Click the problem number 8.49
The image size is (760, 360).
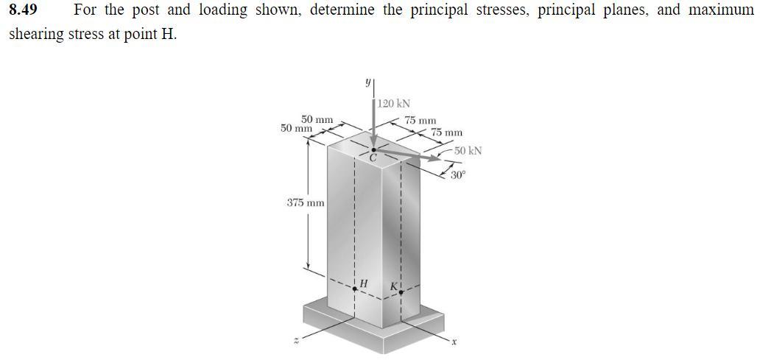pyautogui.click(x=22, y=11)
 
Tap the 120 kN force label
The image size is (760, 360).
pyautogui.click(x=395, y=104)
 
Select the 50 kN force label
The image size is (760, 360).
pyautogui.click(x=468, y=151)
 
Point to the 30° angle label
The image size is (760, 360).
pyautogui.click(x=458, y=176)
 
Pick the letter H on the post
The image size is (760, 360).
pyautogui.click(x=363, y=283)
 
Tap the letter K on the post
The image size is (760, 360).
pyautogui.click(x=394, y=285)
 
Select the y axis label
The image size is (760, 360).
pyautogui.click(x=367, y=82)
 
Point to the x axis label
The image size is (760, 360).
pyautogui.click(x=455, y=342)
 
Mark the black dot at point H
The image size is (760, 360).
pyautogui.click(x=355, y=289)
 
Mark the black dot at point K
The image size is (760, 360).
pyautogui.click(x=401, y=292)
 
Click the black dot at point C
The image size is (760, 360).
pyautogui.click(x=373, y=149)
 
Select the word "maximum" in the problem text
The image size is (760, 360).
pyautogui.click(x=720, y=11)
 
